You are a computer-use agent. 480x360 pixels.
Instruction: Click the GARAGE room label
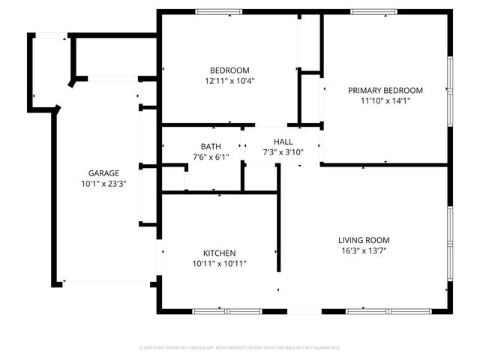103,173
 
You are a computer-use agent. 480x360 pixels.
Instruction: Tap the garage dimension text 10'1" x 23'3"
103,184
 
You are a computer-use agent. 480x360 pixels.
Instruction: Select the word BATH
211,146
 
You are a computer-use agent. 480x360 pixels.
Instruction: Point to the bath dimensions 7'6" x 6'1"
211,157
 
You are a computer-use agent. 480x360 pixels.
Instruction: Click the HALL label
283,141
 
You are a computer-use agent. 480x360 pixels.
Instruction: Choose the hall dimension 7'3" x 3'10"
283,151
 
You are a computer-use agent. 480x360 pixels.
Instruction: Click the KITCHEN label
220,253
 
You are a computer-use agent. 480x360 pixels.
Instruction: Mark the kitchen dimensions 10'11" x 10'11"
220,264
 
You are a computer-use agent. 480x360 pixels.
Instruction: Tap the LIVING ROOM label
364,240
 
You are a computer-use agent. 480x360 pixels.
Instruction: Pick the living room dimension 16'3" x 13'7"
364,250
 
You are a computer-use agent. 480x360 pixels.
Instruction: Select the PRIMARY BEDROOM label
385,90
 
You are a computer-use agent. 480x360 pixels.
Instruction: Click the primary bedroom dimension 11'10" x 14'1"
385,100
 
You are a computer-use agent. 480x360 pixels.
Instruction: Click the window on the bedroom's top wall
218,11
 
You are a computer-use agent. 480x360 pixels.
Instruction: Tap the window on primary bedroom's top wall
374,11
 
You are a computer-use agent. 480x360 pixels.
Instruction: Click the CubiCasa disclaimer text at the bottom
240,348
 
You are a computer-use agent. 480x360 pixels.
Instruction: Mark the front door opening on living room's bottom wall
304,311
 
